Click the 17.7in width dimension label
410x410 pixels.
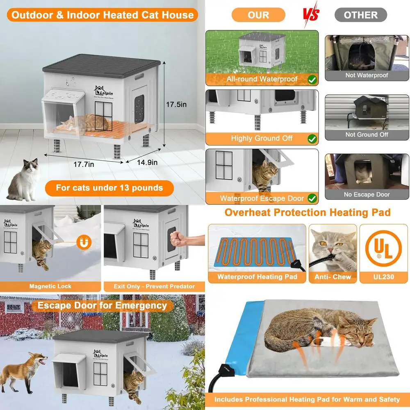click(x=84, y=164)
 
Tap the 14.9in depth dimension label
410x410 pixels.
click(x=147, y=162)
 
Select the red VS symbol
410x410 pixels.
click(x=311, y=15)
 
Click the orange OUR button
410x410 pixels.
click(x=258, y=15)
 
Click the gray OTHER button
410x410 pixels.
click(x=360, y=15)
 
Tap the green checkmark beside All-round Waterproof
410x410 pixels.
click(x=312, y=79)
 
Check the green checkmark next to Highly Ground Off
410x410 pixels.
click(x=312, y=138)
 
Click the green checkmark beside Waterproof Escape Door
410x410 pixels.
click(x=312, y=198)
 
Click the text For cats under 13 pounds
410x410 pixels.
click(x=109, y=188)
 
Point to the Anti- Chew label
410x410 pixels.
click(x=333, y=277)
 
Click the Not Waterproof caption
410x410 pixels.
click(x=367, y=75)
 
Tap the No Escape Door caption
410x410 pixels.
click(x=367, y=194)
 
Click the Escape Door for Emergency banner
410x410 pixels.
click(x=102, y=305)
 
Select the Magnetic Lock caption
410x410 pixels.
click(x=50, y=286)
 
